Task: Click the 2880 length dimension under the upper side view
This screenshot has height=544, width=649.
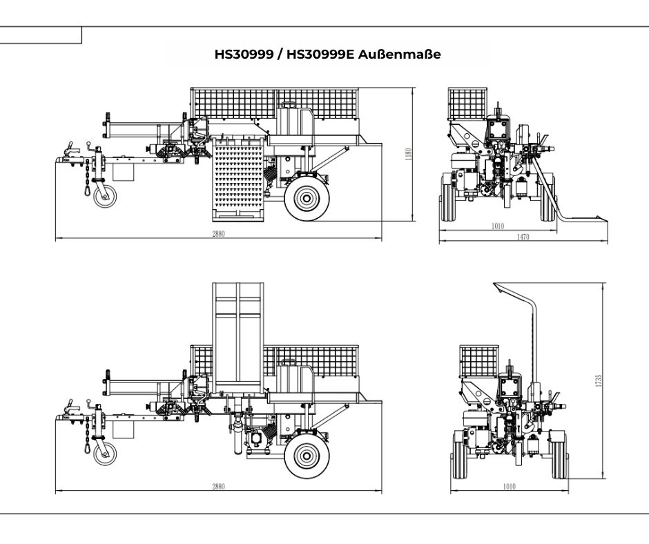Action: (x=218, y=234)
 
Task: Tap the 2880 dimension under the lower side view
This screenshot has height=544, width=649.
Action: (x=218, y=487)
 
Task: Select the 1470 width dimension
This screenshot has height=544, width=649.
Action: (x=523, y=237)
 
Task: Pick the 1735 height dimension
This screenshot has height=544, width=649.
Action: (x=599, y=380)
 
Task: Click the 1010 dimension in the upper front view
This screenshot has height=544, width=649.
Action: (x=497, y=226)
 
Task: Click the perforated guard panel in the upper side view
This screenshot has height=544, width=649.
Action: (x=236, y=178)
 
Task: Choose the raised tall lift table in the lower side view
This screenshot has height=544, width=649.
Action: (x=238, y=338)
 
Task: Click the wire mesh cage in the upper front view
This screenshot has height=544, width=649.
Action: (x=468, y=104)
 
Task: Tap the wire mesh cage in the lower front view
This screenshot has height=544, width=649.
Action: (x=479, y=360)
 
